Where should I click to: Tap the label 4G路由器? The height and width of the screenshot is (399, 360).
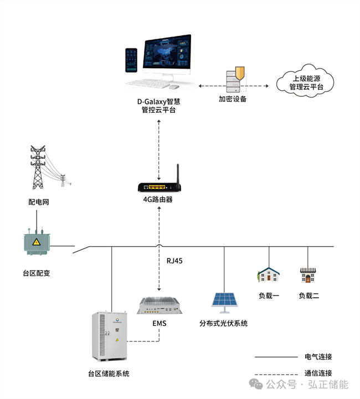tap(158, 199)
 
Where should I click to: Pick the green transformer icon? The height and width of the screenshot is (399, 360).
tap(37, 244)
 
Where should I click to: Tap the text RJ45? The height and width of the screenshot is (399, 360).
tap(174, 261)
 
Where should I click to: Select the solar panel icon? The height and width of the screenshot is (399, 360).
tap(224, 299)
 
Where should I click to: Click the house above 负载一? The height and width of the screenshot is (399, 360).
tap(269, 274)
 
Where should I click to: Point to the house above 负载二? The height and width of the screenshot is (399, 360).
tap(308, 274)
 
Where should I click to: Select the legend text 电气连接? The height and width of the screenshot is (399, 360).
tap(318, 356)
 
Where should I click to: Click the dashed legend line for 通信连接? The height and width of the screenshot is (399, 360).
tap(274, 372)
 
